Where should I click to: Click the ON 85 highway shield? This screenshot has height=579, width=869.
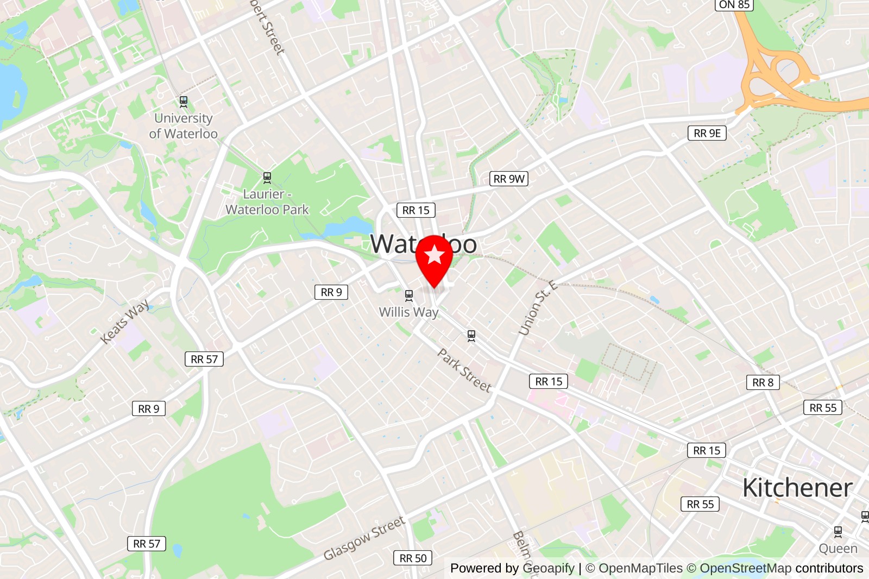click(x=734, y=5)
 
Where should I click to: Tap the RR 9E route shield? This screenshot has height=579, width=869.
click(x=707, y=133)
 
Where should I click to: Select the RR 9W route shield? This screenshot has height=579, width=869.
click(x=509, y=179)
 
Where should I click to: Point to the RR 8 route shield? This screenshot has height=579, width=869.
click(x=763, y=382)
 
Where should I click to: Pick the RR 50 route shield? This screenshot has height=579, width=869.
click(x=413, y=558)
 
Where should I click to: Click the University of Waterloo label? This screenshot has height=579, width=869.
click(x=183, y=126)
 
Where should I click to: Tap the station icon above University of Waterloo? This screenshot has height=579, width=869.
click(x=184, y=101)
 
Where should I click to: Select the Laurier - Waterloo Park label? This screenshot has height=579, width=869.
click(x=267, y=202)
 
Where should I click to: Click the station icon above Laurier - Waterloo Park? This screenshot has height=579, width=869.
click(x=267, y=177)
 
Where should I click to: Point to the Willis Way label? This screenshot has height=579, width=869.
click(x=408, y=312)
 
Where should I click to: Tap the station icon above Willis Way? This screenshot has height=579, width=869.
click(x=409, y=295)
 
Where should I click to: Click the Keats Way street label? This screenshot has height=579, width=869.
click(x=125, y=322)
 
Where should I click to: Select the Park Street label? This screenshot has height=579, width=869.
click(x=464, y=370)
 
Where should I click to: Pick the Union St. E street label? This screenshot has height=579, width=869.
click(x=537, y=307)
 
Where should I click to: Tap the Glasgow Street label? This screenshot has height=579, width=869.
click(x=364, y=538)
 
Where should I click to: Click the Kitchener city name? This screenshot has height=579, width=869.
click(x=797, y=488)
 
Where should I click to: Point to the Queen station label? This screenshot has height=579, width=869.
click(x=837, y=549)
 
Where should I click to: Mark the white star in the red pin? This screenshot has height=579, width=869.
click(x=434, y=254)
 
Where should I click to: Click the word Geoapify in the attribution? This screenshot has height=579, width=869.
click(x=548, y=568)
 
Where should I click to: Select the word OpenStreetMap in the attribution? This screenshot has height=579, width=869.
click(x=745, y=568)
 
